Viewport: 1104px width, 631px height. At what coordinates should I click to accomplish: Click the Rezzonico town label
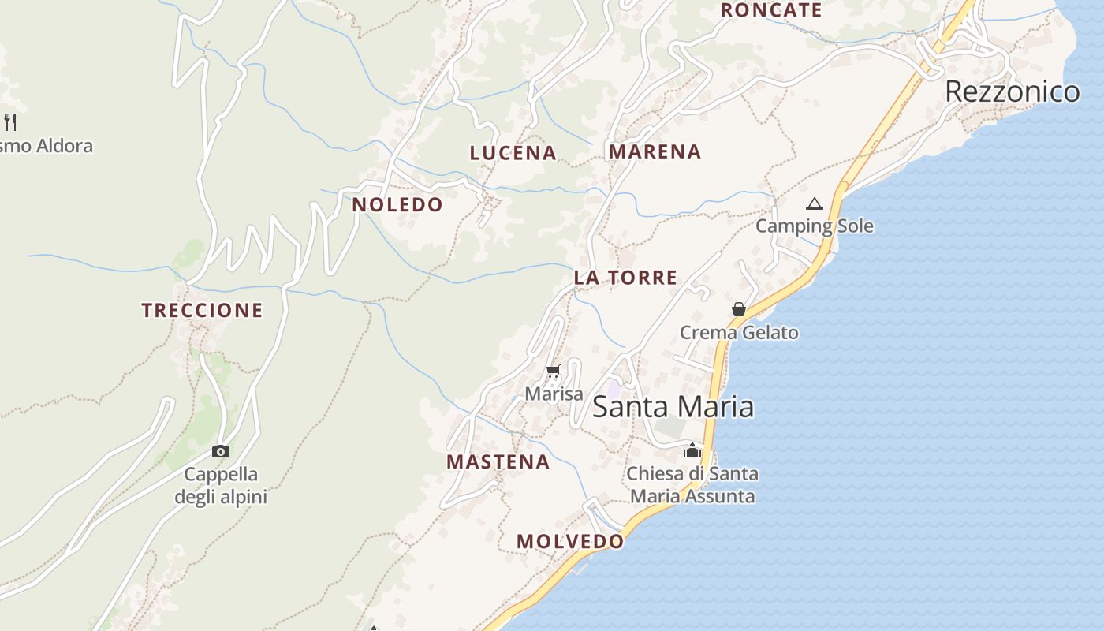pos(1012,91)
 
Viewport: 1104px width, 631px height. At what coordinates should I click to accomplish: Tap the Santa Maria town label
pos(673,407)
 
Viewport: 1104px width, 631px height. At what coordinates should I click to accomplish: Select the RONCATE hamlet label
pos(771,10)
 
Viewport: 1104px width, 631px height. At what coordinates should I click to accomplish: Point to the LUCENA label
pos(513,153)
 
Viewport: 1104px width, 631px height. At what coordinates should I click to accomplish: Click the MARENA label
pos(655,151)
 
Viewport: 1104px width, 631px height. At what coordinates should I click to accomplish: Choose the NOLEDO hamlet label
pos(397,205)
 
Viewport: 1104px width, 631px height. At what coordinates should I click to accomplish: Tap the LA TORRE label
pos(625,278)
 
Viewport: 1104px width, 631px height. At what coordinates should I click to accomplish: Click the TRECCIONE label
pos(202,311)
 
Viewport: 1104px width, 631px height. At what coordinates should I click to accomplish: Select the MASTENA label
pos(498,462)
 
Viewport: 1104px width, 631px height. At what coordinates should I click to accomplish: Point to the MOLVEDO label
pos(570,542)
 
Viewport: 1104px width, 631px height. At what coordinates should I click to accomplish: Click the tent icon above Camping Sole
pos(815,204)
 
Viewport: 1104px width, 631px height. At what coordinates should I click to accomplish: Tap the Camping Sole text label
pos(815,226)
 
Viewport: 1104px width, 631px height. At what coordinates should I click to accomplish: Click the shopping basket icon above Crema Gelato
pos(739,309)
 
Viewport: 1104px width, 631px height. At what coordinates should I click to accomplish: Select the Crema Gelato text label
pos(739,333)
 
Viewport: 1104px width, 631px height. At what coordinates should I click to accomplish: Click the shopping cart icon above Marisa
pos(554,371)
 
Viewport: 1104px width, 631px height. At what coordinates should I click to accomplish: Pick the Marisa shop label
pos(554,394)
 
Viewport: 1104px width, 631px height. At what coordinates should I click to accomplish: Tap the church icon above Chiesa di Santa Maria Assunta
pos(692,450)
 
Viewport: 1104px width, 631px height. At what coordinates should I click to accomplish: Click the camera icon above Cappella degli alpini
pos(221,451)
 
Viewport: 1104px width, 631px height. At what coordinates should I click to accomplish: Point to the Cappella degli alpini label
pos(221,486)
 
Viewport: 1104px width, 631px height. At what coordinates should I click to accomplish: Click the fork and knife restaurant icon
pos(10,121)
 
